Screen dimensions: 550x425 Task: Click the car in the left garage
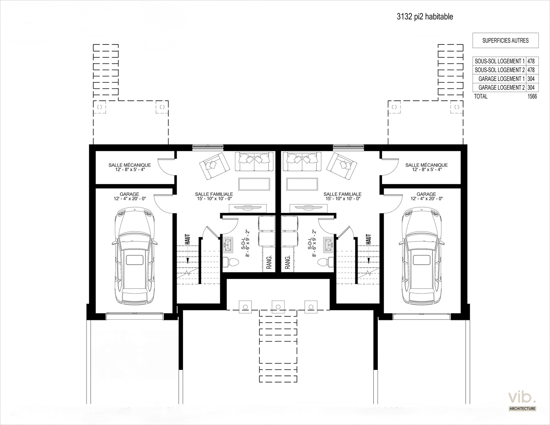click(135, 256)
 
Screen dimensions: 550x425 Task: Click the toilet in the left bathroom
click(231, 262)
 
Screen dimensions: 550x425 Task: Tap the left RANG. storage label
click(269, 262)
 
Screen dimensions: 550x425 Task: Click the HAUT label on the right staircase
click(368, 239)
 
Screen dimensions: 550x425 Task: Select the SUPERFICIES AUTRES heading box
click(506, 40)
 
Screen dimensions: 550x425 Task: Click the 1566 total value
click(532, 96)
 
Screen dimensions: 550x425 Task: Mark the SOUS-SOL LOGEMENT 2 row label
click(500, 70)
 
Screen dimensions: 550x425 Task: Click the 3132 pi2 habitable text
click(425, 17)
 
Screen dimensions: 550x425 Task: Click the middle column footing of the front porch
click(278, 307)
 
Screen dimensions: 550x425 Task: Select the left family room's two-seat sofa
click(254, 161)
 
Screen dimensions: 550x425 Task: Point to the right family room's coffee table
click(302, 184)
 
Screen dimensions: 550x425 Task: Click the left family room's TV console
click(248, 208)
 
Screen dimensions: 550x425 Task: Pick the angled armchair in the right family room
click(342, 166)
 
